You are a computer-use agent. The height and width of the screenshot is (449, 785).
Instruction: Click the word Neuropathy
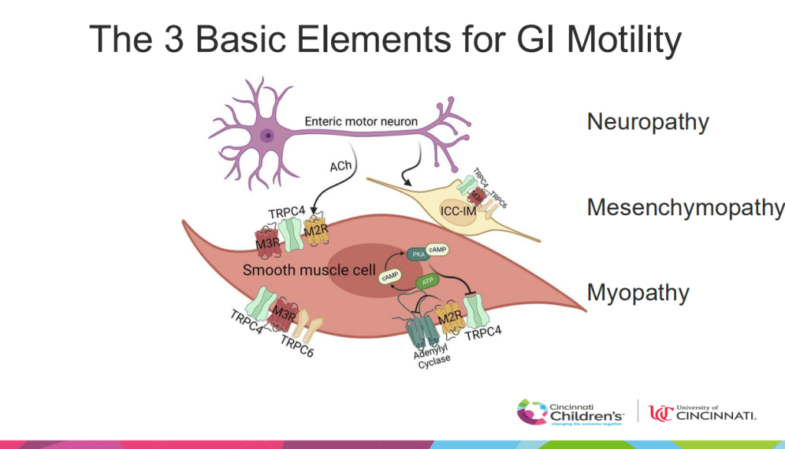647,123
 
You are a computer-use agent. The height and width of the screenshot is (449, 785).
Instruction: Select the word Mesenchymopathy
685,208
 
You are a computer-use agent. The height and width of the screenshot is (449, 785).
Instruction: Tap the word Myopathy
638,293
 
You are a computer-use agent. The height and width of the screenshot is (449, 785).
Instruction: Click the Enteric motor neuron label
361,121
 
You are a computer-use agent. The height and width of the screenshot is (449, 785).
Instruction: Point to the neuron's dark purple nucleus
267,136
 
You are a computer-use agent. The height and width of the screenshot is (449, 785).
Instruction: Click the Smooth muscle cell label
309,270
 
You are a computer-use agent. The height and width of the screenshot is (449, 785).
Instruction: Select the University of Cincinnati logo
702,412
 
